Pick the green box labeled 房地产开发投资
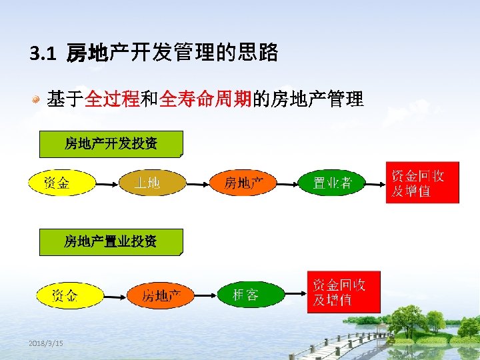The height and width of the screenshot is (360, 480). pyautogui.click(x=111, y=143)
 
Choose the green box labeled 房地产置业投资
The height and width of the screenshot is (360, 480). pyautogui.click(x=111, y=242)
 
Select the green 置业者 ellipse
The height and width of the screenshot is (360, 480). pyautogui.click(x=332, y=182)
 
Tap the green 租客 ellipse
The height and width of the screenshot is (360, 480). pyautogui.click(x=246, y=294)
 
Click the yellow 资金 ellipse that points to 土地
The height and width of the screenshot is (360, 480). pyautogui.click(x=61, y=182)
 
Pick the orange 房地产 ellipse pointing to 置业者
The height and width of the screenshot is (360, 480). pyautogui.click(x=243, y=182)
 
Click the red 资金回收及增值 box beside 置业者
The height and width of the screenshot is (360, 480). pyautogui.click(x=423, y=182)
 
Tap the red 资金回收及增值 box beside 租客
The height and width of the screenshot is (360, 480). pyautogui.click(x=343, y=292)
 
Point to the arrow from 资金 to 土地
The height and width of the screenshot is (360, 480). pyautogui.click(x=106, y=182)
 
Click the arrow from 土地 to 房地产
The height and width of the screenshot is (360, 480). pyautogui.click(x=197, y=182)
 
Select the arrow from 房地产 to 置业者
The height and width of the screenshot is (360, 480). pyautogui.click(x=286, y=182)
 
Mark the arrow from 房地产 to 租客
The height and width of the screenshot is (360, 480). pyautogui.click(x=205, y=294)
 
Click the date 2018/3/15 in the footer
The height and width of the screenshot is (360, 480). pyautogui.click(x=46, y=343)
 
